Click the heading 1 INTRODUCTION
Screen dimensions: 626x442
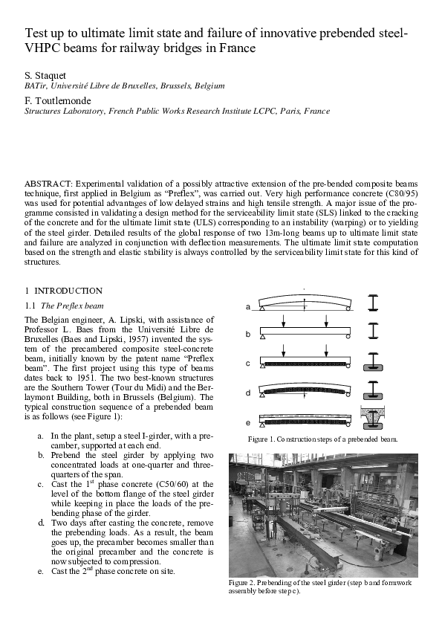click(63, 291)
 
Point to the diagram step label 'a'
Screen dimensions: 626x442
click(248, 306)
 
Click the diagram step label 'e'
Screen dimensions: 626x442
click(248, 422)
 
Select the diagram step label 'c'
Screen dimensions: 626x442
click(248, 363)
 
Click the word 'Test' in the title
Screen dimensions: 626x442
click(37, 34)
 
